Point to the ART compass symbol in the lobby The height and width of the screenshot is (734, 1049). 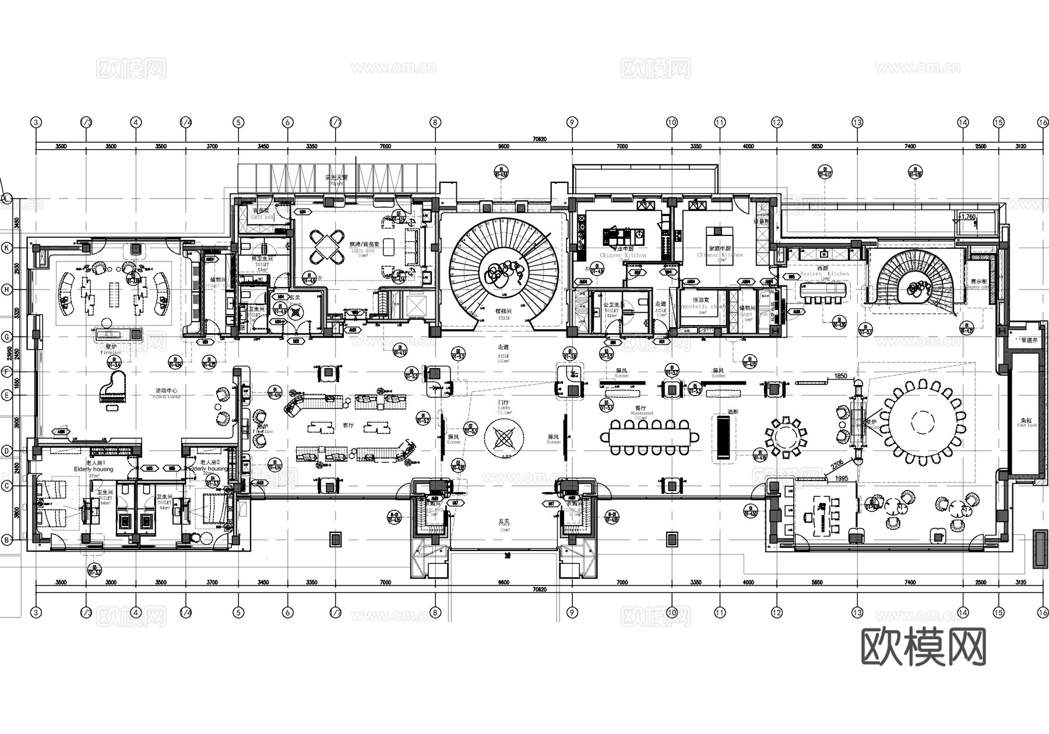(503, 437)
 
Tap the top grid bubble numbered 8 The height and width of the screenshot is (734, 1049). (435, 122)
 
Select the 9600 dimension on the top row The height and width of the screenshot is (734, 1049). (503, 147)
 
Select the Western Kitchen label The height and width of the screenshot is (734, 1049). (824, 273)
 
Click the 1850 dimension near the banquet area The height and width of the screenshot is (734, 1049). (840, 376)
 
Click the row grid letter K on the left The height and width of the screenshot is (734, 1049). (7, 247)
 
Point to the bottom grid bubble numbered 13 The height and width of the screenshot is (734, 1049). (857, 612)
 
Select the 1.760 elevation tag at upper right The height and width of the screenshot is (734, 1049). (967, 217)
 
